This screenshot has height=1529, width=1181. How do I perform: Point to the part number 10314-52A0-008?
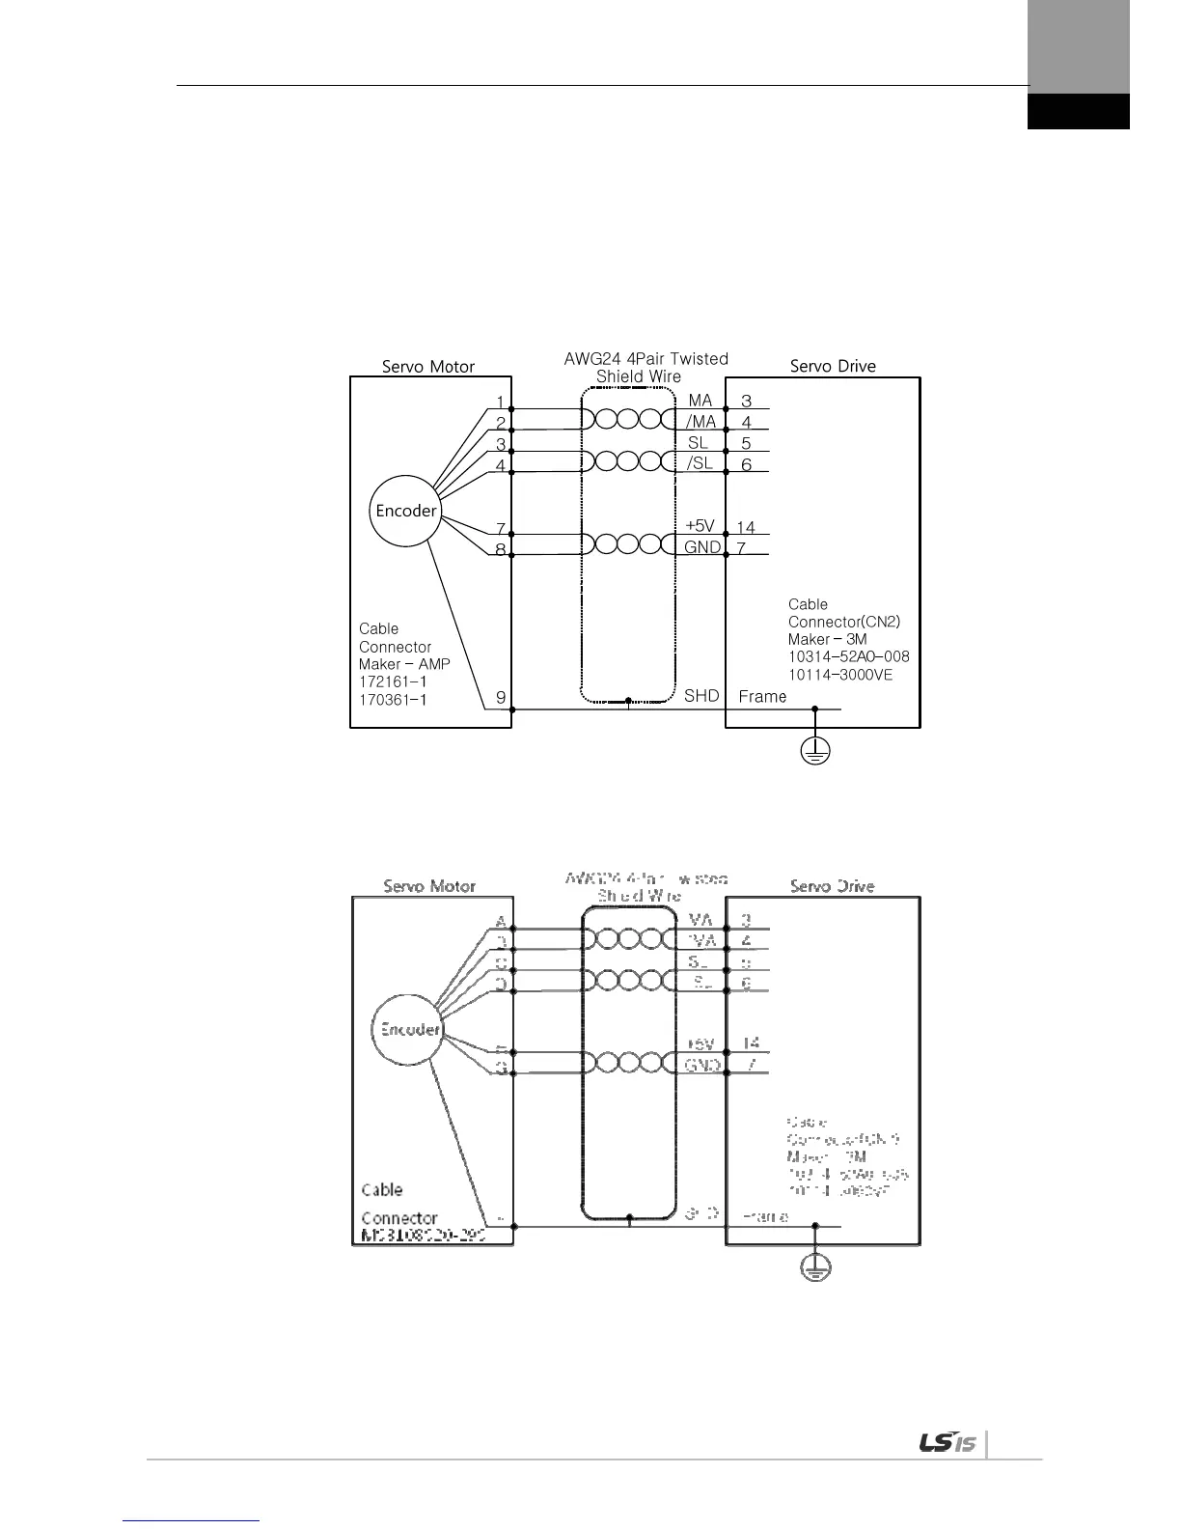pos(848,656)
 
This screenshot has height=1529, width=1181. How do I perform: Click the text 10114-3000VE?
pos(840,674)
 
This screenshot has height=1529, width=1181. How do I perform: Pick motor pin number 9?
pos(500,697)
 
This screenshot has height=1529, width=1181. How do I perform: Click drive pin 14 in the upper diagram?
pos(746,527)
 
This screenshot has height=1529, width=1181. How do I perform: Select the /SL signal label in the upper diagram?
pos(700,463)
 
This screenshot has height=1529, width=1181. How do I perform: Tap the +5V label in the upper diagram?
pos(700,526)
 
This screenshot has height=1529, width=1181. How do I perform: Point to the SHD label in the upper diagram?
pos(701,695)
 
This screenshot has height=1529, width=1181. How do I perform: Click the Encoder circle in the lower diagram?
pos(406,1029)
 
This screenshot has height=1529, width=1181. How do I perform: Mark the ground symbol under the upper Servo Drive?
pos(815,750)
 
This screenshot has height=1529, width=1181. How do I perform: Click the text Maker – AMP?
pos(404,664)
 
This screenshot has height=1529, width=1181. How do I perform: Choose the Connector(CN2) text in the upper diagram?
pos(843,622)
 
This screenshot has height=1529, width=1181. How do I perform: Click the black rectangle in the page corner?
pos(1078,111)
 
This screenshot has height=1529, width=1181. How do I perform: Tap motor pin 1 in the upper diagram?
pos(500,402)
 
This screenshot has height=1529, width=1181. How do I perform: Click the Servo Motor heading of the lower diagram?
pos(429,886)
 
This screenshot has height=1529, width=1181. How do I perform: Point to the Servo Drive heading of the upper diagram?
pos(833,366)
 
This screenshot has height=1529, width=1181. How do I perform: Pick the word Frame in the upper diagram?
pos(762,696)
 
